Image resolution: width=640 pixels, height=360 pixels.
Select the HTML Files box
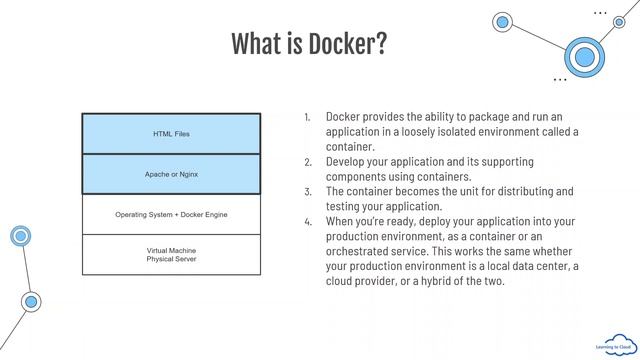pos(171,133)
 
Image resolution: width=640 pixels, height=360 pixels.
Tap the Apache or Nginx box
pos(171,174)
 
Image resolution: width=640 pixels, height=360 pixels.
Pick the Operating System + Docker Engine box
pos(171,214)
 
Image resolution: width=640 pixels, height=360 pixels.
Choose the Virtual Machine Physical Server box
pos(171,254)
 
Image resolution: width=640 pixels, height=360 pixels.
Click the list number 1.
pos(308,117)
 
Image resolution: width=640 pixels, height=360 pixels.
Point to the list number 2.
pos(308,161)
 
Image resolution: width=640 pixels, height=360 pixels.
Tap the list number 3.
pos(308,191)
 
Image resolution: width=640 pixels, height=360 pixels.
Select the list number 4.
pos(308,221)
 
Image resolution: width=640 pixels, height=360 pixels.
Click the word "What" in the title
pos(256,44)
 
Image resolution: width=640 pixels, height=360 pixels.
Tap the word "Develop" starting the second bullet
pos(348,161)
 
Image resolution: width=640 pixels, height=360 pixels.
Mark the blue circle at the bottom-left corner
pos(31,301)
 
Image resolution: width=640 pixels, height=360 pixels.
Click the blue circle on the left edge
pos(19,236)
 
